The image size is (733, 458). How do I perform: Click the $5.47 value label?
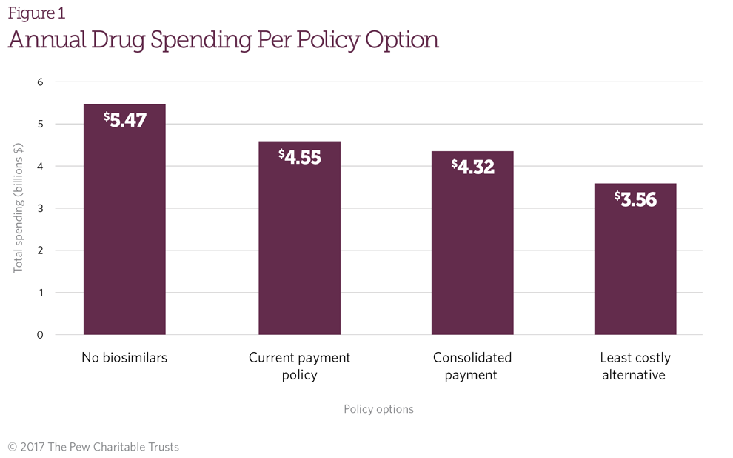(x=125, y=120)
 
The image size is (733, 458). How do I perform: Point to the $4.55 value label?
(x=299, y=157)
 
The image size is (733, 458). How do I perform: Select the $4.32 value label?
(x=472, y=167)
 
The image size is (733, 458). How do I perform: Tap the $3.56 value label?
(x=635, y=199)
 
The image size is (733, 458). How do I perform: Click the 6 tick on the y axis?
(x=40, y=82)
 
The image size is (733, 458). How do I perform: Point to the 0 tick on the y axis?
(x=40, y=335)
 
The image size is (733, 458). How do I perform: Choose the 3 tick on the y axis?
(x=40, y=208)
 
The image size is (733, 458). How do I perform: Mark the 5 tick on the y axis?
(x=40, y=125)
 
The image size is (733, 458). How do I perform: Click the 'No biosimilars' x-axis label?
(x=124, y=358)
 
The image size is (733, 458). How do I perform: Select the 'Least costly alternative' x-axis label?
(x=635, y=366)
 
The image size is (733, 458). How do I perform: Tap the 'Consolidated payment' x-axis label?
(x=472, y=366)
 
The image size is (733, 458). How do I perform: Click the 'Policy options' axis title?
(x=378, y=409)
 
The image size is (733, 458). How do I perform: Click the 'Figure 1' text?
(x=36, y=13)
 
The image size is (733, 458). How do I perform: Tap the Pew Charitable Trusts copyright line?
(x=93, y=447)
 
